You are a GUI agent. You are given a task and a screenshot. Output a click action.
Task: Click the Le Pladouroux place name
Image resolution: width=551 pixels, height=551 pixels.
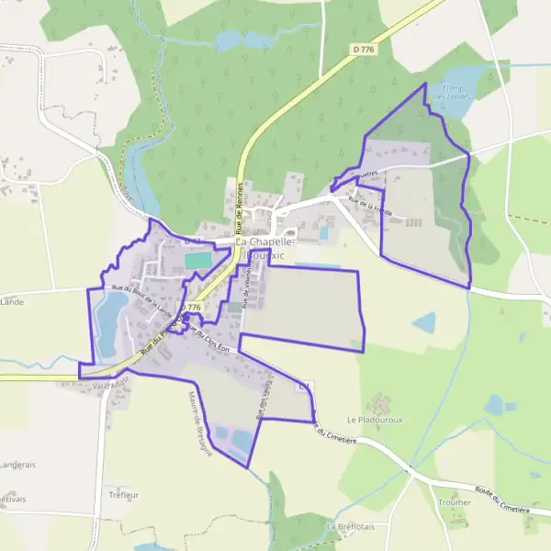pyautogui.click(x=370, y=419)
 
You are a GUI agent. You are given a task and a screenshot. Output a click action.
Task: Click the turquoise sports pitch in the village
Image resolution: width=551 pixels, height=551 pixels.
pyautogui.click(x=197, y=261)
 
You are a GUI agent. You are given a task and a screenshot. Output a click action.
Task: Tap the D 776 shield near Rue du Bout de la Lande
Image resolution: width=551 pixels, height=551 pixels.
pyautogui.click(x=190, y=306)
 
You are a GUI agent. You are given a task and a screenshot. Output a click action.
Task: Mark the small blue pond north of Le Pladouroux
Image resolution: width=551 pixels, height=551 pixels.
pyautogui.click(x=424, y=322)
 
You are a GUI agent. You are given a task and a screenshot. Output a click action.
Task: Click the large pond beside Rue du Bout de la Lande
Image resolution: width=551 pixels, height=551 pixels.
pyautogui.click(x=106, y=326)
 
